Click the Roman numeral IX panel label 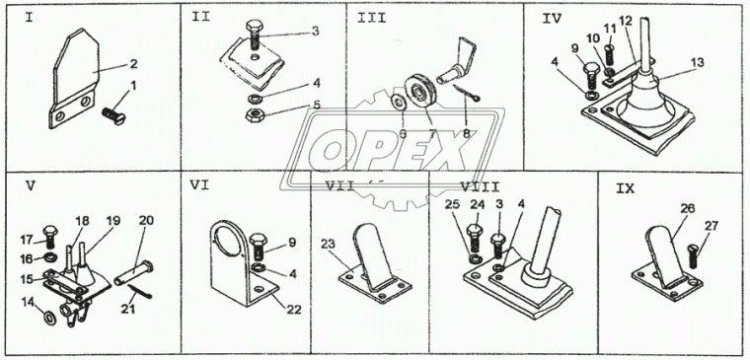click(625, 188)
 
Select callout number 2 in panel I click(133, 63)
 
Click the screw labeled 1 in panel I click(114, 114)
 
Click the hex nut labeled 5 click(252, 115)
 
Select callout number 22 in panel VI click(294, 311)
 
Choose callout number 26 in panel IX click(688, 209)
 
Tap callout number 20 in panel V click(145, 221)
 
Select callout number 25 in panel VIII click(453, 204)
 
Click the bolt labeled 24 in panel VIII click(474, 236)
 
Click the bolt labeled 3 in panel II click(255, 35)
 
